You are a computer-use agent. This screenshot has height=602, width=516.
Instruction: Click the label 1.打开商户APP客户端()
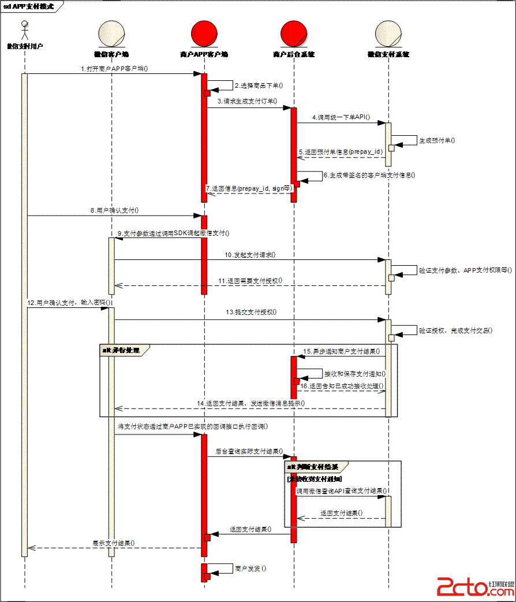pyautogui.click(x=115, y=68)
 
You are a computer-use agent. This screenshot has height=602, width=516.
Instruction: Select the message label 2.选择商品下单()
pyautogui.click(x=259, y=86)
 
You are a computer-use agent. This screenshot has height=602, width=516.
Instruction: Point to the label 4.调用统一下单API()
pyautogui.click(x=342, y=117)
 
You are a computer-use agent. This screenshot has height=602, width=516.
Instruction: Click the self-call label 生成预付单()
pyautogui.click(x=437, y=140)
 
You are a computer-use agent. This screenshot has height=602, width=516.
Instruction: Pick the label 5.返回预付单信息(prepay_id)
pyautogui.click(x=341, y=151)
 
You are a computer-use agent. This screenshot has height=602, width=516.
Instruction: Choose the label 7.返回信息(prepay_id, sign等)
pyautogui.click(x=249, y=188)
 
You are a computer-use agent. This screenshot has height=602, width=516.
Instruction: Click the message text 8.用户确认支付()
pyautogui.click(x=115, y=211)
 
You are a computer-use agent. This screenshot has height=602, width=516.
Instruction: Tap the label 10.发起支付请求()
pyautogui.click(x=250, y=254)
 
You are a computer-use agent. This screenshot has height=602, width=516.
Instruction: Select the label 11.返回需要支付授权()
pyautogui.click(x=250, y=280)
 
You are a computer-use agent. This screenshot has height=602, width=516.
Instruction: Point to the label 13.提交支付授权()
pyautogui.click(x=252, y=312)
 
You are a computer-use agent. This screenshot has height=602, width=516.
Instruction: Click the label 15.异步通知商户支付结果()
pyautogui.click(x=342, y=351)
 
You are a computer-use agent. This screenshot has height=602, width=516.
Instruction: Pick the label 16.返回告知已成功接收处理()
pyautogui.click(x=342, y=385)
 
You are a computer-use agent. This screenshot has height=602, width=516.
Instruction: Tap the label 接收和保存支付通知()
pyautogui.click(x=354, y=374)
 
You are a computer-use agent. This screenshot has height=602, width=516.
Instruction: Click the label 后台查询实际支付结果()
pyautogui.click(x=249, y=451)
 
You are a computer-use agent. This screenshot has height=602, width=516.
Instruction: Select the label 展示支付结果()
pyautogui.click(x=114, y=543)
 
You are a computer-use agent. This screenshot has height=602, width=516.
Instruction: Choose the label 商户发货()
pyautogui.click(x=250, y=568)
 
